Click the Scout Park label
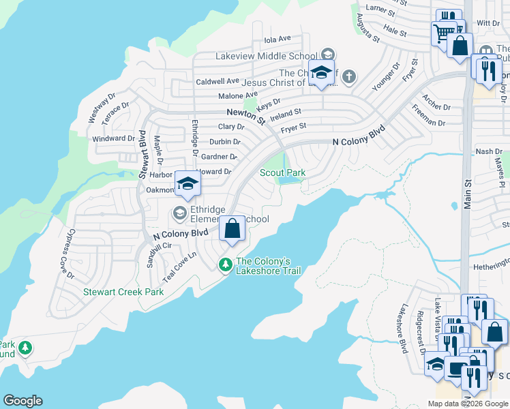282,173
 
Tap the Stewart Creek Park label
123,292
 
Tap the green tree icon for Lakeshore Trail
226,264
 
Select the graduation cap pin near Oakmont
187,183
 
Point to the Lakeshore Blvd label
404,328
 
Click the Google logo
22,401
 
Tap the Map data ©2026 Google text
467,404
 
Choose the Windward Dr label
109,138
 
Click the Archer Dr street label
437,103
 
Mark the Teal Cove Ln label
179,267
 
